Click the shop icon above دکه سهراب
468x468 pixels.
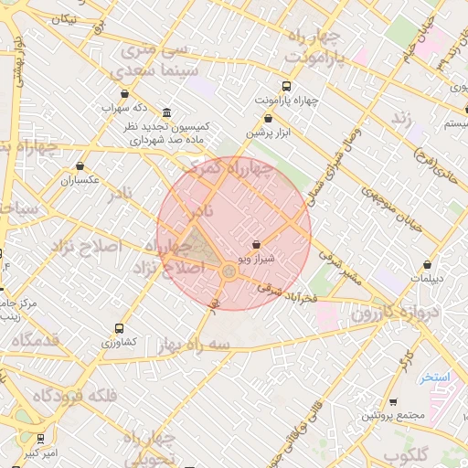(124, 93)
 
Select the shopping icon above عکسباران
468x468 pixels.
(80, 166)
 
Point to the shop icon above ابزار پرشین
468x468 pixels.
(267, 118)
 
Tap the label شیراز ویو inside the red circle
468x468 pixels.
(255, 261)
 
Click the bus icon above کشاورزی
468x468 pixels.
(119, 328)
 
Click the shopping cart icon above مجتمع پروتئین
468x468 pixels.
(393, 402)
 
